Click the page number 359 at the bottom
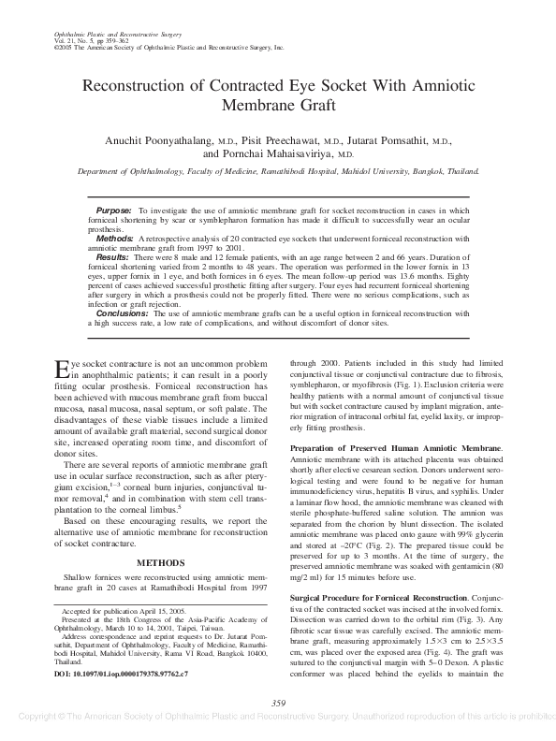[277, 703]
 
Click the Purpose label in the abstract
[114, 212]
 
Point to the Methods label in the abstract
[115, 239]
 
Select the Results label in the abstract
[113, 255]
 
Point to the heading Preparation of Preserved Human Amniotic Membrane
[397, 448]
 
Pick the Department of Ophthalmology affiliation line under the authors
[277, 172]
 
